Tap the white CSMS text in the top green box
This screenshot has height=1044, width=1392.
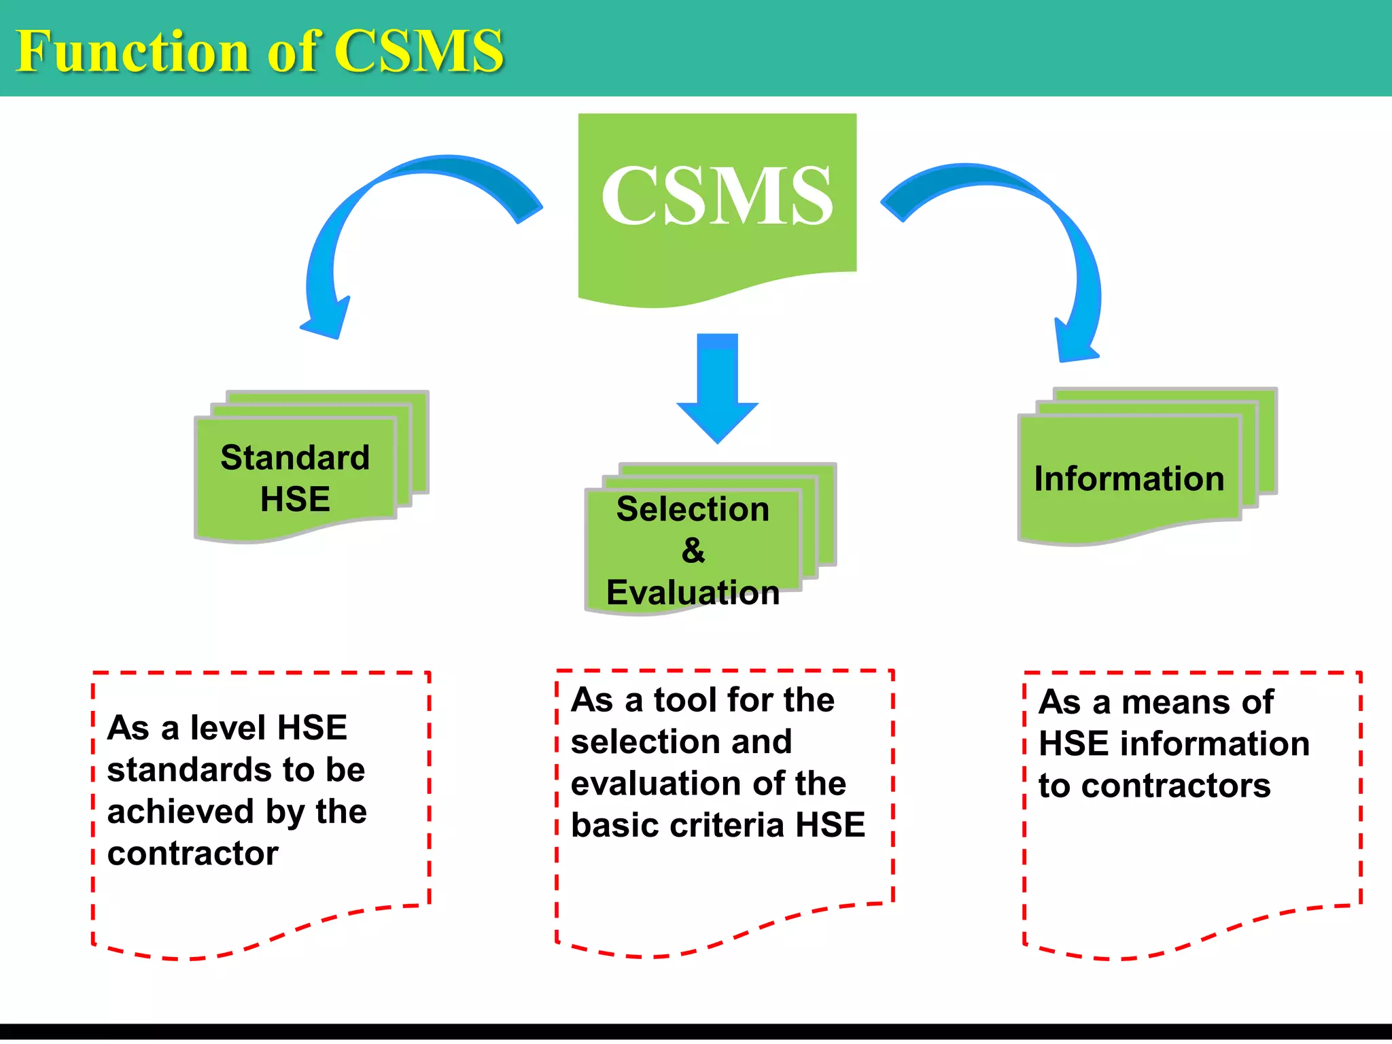click(x=717, y=196)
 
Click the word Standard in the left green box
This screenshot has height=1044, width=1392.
click(x=295, y=457)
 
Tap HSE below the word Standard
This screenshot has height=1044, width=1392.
click(x=295, y=499)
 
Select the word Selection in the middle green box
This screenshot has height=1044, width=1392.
click(x=693, y=509)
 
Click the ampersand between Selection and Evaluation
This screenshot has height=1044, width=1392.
click(x=693, y=551)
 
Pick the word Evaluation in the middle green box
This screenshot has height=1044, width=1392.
click(x=693, y=592)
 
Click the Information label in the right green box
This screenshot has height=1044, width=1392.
click(x=1129, y=478)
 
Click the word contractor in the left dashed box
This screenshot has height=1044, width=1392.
click(x=193, y=854)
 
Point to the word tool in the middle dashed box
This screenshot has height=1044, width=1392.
click(x=686, y=700)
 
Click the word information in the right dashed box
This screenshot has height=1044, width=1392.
click(x=1215, y=744)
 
